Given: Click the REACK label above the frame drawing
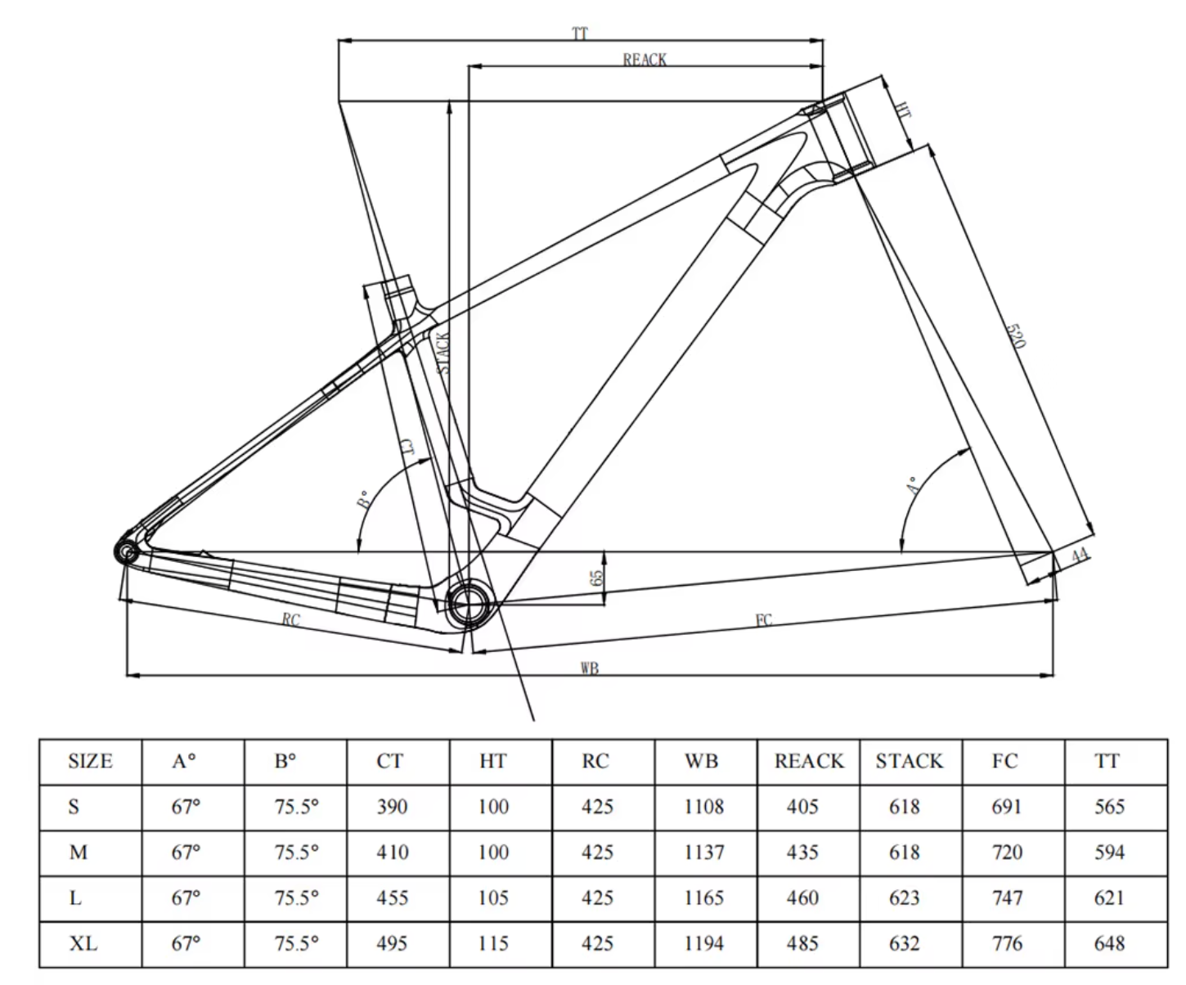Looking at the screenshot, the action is [645, 59].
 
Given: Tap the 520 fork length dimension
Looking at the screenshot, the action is [1016, 335].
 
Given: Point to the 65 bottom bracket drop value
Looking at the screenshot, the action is [595, 578].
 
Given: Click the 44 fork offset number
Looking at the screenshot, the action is [1080, 555].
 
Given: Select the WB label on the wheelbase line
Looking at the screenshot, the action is [590, 668].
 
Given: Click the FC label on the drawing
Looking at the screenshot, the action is [764, 620].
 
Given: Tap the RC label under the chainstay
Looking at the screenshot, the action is [291, 619].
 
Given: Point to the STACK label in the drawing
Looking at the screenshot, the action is [443, 353].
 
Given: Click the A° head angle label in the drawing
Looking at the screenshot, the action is [913, 485].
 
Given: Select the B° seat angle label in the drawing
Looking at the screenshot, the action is [363, 499].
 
